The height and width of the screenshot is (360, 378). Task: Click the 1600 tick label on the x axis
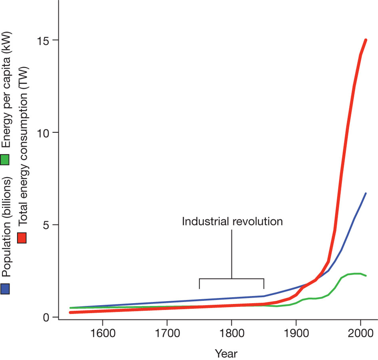click(x=103, y=334)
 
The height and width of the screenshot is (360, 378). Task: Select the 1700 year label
click(x=167, y=334)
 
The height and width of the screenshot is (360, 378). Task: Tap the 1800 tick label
click(x=231, y=334)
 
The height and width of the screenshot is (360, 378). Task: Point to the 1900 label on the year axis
click(x=296, y=334)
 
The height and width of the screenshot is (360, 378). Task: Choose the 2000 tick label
click(x=360, y=334)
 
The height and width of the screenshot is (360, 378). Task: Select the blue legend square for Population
click(x=6, y=289)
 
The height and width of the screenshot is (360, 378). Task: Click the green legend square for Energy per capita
click(x=6, y=160)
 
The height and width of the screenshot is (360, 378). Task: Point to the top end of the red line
click(x=366, y=40)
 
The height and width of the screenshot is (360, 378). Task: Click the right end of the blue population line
click(x=366, y=194)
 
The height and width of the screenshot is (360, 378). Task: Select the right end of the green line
click(x=366, y=276)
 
